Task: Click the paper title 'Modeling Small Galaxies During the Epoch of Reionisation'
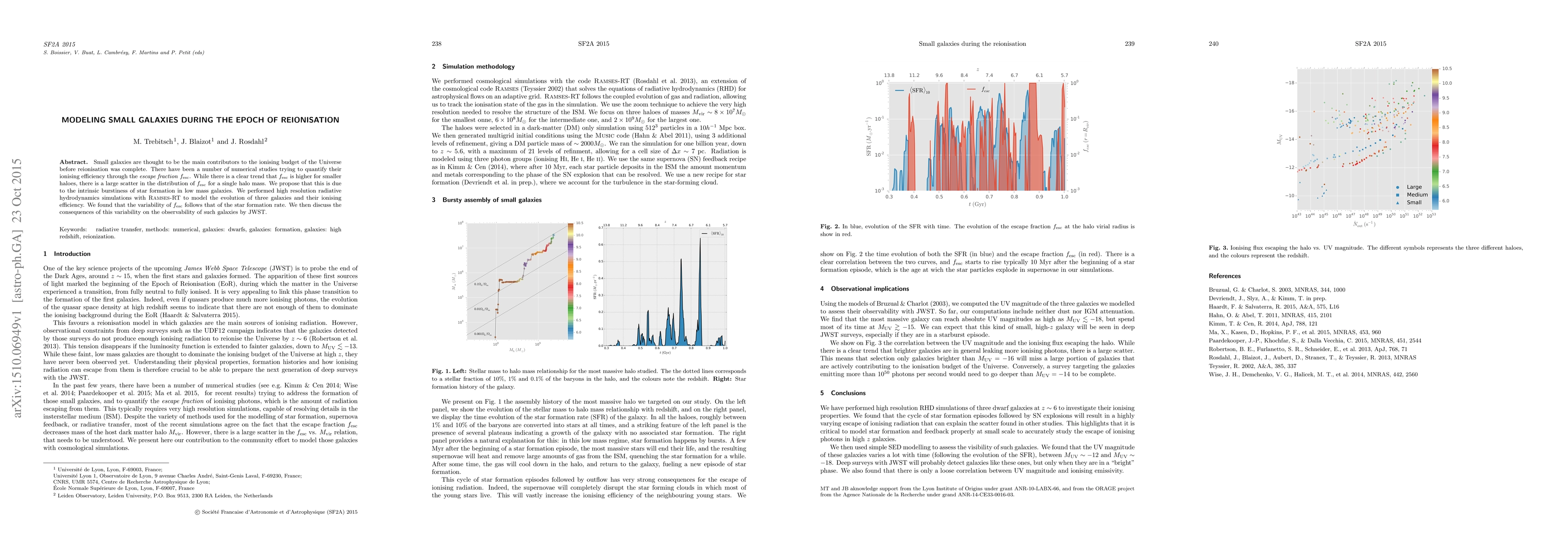pos(200,120)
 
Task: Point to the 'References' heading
pos(1225,276)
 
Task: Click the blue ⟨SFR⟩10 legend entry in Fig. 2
pos(913,90)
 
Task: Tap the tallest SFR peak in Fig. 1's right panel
pos(700,239)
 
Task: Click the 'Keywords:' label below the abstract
pos(73,230)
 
